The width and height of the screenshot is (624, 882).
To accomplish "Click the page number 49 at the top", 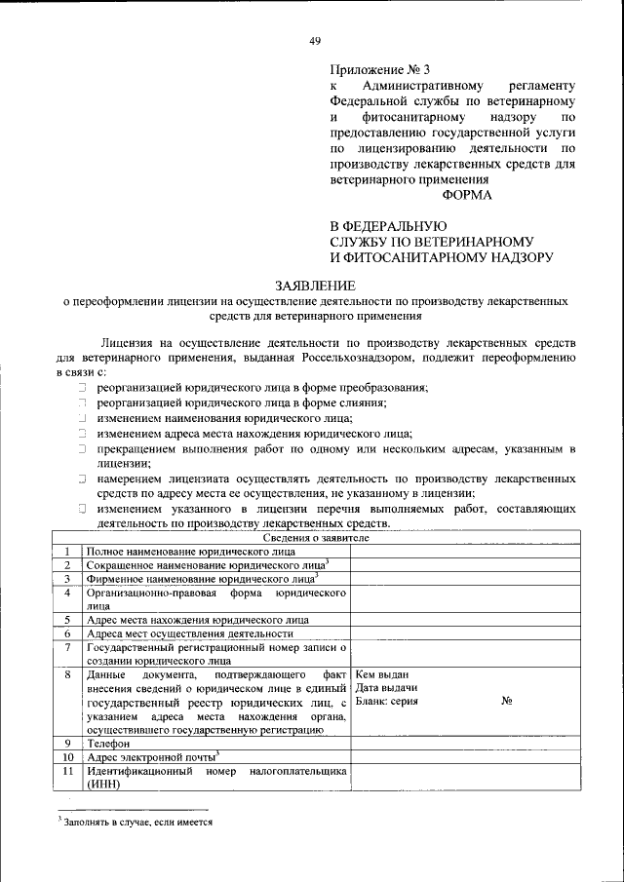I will [x=314, y=40].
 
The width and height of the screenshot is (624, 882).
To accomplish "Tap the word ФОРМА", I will [x=468, y=194].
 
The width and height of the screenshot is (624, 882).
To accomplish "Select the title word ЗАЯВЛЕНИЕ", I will [x=316, y=285].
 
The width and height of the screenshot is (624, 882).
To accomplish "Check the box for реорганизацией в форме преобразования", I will [x=84, y=387].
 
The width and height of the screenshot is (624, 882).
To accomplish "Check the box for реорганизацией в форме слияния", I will [x=84, y=403].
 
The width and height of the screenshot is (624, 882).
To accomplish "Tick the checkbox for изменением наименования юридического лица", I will [x=84, y=418].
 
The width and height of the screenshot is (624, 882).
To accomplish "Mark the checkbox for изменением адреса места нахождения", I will [x=84, y=434].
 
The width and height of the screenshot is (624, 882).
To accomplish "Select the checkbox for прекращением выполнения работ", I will [x=84, y=449].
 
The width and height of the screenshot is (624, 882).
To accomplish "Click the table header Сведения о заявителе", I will [x=316, y=537].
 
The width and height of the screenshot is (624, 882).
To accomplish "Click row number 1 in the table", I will [x=67, y=552].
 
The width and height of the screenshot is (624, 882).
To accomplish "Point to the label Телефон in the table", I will [x=108, y=744].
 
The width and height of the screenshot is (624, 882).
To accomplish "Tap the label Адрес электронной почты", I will [x=151, y=756].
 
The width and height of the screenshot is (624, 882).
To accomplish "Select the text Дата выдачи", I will [x=387, y=688].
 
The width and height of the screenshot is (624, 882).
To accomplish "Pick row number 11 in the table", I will [x=67, y=771].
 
